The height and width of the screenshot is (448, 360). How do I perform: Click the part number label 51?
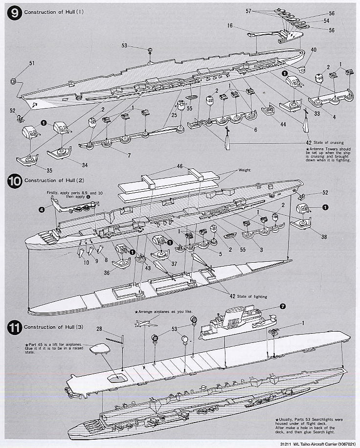[x=19, y=63]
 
